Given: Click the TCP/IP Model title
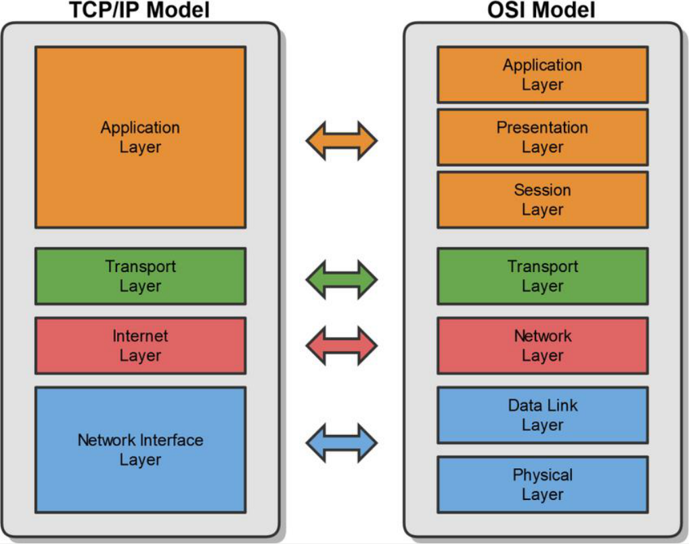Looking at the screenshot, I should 140,10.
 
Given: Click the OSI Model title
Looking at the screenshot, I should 542,10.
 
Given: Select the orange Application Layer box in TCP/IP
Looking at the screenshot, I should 140,137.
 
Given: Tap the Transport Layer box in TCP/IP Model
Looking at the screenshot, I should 140,276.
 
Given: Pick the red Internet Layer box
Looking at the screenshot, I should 140,346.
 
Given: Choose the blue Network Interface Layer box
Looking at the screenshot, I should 140,449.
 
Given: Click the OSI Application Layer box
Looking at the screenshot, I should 542,74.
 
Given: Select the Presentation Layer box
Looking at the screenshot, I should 542,137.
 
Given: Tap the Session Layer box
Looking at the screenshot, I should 542,200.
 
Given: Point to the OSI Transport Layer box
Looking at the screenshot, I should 542,276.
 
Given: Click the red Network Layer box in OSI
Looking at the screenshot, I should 542,346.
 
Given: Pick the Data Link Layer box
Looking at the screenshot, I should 542,415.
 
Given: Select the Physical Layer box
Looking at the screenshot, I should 542,484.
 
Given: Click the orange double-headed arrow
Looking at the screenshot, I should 341,141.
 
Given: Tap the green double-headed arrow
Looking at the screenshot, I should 341,277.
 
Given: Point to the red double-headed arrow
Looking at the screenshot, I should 341,346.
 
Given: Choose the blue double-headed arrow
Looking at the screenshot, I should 341,443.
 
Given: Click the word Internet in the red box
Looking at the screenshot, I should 140,336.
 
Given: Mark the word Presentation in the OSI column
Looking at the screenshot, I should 542,128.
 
